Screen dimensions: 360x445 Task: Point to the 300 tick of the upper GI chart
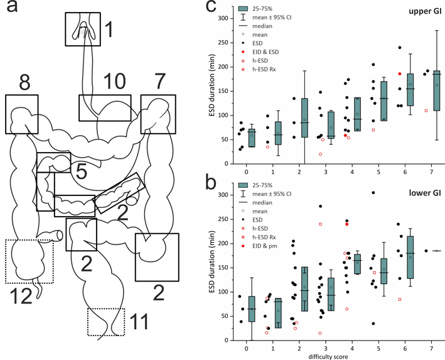coord(222,18)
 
